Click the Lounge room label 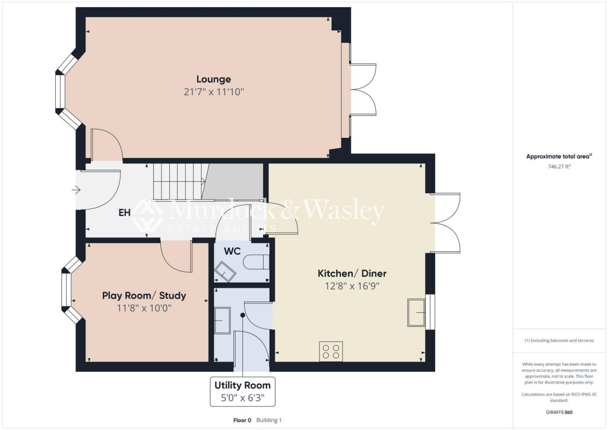coord(214,79)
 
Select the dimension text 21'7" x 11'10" coord(214,92)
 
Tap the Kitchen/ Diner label coord(352,273)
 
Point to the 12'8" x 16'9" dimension coord(352,286)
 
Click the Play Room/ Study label coord(144,295)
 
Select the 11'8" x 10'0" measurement coord(144,308)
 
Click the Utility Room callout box coord(242,391)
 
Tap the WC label coord(232,251)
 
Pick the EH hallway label coord(125,211)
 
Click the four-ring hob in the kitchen coord(331,351)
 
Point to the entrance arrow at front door coord(76,190)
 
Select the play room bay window coord(68,290)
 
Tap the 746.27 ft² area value coord(558,167)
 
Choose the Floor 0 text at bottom coord(242,420)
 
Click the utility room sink coord(223,321)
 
